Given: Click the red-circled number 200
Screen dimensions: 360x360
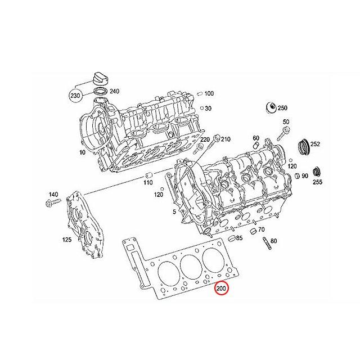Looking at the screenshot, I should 222,289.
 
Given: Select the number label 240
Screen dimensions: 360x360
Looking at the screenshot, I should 114,91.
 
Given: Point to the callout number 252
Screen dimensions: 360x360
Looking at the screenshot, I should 315,145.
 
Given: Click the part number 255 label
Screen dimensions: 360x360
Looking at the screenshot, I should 318,182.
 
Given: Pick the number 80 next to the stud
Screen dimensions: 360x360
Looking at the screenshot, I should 273,241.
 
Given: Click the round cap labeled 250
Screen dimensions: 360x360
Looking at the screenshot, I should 268,108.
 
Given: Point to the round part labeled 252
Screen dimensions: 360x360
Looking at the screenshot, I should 303,147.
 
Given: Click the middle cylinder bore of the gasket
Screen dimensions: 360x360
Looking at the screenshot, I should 188,263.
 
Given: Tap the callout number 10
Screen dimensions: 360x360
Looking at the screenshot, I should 82,152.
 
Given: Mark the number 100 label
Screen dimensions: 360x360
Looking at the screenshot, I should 209,93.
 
